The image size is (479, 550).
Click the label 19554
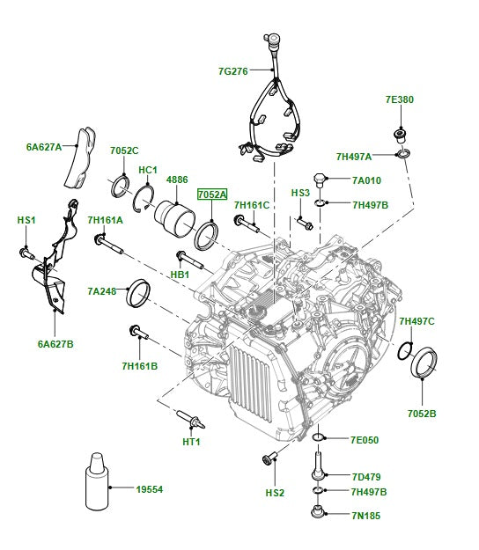151,488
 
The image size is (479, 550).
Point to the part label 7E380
399,99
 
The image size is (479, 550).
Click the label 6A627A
44,148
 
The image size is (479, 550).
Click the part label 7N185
365,516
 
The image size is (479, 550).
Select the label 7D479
365,476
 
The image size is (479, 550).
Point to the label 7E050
364,439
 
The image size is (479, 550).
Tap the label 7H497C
416,321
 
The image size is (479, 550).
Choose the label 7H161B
140,365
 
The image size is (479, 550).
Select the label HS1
26,220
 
